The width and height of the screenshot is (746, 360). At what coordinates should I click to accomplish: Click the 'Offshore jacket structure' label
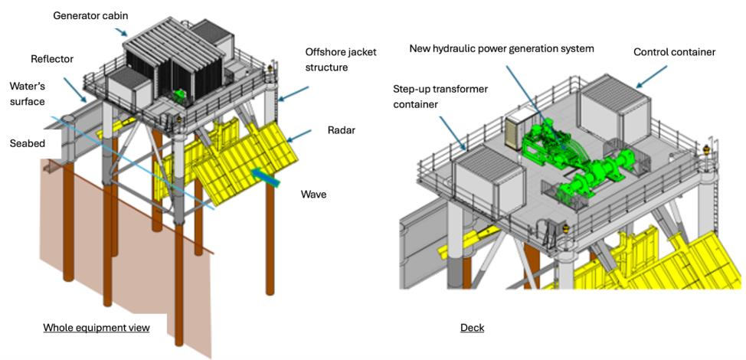click(x=338, y=59)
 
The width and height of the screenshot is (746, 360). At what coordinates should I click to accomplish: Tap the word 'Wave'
click(x=313, y=195)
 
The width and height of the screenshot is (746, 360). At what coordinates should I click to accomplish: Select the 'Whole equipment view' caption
click(x=96, y=328)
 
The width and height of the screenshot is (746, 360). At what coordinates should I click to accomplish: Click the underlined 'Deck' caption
click(x=472, y=328)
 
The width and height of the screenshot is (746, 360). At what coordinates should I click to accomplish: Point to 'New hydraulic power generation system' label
click(x=502, y=48)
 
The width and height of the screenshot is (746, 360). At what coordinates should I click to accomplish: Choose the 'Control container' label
click(x=674, y=52)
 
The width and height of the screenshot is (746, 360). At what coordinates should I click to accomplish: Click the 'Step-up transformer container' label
click(x=440, y=96)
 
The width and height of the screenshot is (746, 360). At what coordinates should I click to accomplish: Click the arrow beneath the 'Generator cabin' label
click(x=121, y=31)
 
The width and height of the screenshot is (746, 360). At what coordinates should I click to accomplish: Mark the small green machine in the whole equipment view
click(x=181, y=97)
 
